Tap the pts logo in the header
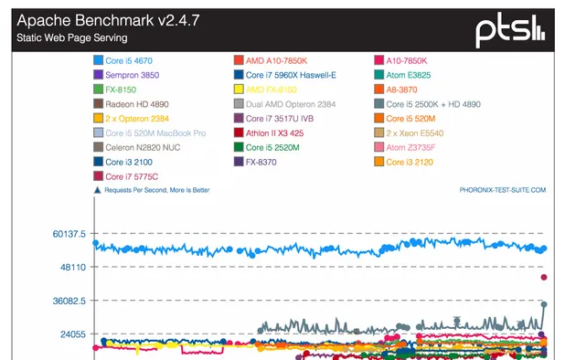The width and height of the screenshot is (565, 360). point(510,30)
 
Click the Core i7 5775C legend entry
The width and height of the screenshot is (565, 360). point(131,175)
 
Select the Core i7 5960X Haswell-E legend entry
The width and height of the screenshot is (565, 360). point(284,75)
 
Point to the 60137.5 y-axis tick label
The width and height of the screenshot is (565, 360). point(69,234)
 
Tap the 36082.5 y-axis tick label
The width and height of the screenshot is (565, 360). point(69,301)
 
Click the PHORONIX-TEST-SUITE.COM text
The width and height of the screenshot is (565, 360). point(502,191)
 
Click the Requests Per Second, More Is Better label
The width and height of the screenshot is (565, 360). point(156,191)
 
